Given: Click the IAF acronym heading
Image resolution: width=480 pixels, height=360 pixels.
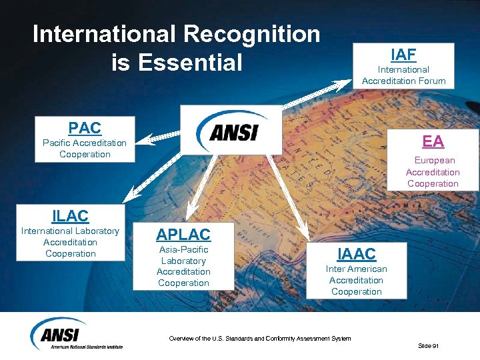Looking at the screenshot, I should point(403,54).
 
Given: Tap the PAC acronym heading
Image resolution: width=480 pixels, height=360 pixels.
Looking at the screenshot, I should point(85,127).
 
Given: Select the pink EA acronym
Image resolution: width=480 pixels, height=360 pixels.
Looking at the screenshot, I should point(433,141).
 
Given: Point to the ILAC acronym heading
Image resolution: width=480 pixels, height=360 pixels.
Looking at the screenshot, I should point(70,215).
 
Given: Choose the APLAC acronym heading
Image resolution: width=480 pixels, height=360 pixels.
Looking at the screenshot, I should point(183,234).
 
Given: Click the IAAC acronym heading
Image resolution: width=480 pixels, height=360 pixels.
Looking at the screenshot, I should point(356,253).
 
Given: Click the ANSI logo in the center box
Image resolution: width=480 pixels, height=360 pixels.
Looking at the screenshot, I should point(231,131).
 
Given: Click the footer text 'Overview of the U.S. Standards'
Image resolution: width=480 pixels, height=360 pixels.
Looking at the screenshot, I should point(259,339).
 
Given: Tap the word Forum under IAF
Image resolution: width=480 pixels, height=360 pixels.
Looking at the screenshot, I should point(431,81).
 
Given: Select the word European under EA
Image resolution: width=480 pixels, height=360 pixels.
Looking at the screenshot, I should point(435,160).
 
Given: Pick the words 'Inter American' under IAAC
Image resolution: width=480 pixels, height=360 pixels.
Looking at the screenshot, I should point(356,269).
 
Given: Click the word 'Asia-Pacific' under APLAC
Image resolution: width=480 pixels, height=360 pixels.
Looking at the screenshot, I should point(183,249).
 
